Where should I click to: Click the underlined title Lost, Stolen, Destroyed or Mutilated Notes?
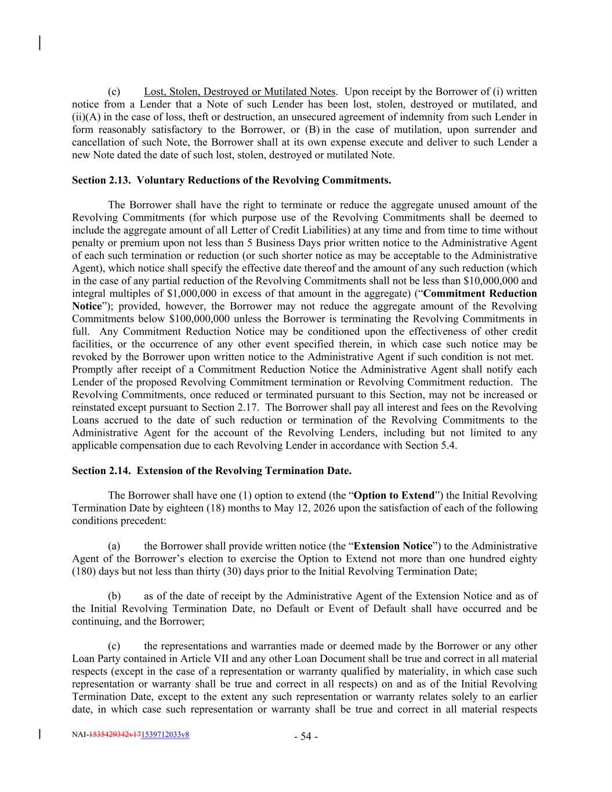coord(239,92)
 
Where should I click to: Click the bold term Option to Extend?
coord(394,496)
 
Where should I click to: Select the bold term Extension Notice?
coord(393,546)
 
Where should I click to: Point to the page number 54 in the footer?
coord(306,737)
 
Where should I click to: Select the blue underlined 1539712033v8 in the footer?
coord(165,735)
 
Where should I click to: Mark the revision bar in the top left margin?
coord(39,43)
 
